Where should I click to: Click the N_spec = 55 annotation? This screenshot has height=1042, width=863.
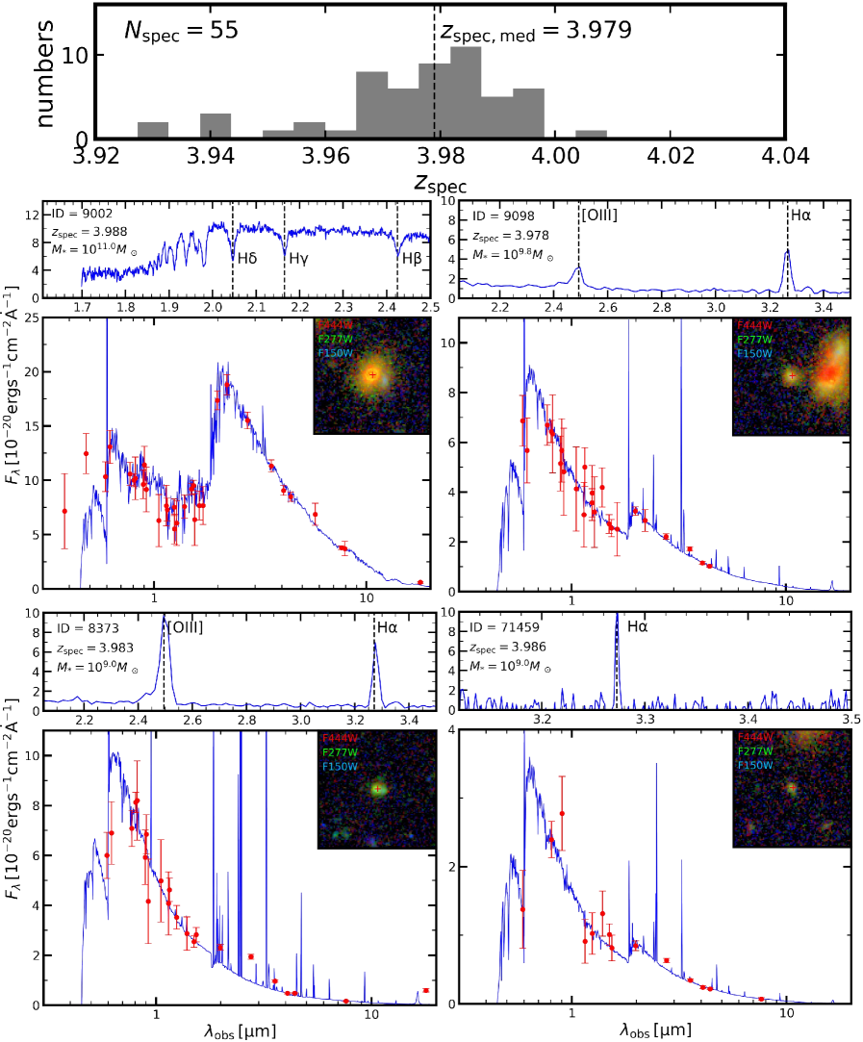tap(181, 31)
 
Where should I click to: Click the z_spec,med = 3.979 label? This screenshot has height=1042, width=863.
tap(536, 30)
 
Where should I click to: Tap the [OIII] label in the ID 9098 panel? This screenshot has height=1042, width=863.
tap(598, 214)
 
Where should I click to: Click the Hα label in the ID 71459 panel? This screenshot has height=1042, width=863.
tap(638, 627)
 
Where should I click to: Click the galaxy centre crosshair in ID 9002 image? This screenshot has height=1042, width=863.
tap(372, 374)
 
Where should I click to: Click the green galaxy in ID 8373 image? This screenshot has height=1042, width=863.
tap(378, 788)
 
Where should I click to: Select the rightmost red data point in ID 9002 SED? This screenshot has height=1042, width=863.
tap(420, 582)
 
